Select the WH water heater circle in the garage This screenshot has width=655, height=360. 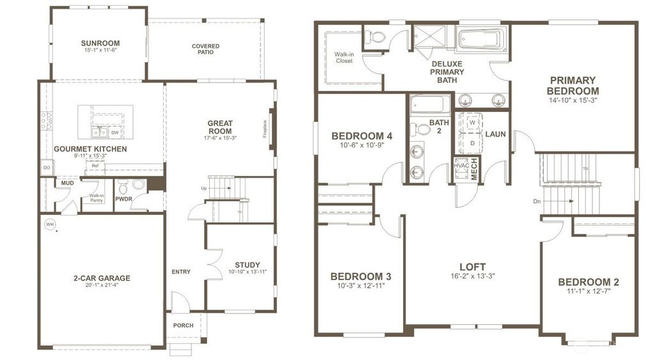coord(49,224)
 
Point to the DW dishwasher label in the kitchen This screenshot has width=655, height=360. coord(114,132)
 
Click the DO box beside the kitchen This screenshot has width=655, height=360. coord(46,168)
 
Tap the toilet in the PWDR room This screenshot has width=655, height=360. coord(123,187)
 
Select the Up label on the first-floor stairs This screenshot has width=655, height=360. coord(204,189)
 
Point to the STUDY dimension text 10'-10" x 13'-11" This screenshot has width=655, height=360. coord(247,272)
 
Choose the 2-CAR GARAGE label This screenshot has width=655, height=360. coord(101,278)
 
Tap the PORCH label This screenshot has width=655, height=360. coord(184,325)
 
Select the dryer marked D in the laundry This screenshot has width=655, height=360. coord(472,143)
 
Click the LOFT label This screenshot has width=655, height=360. coord(472,267)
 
